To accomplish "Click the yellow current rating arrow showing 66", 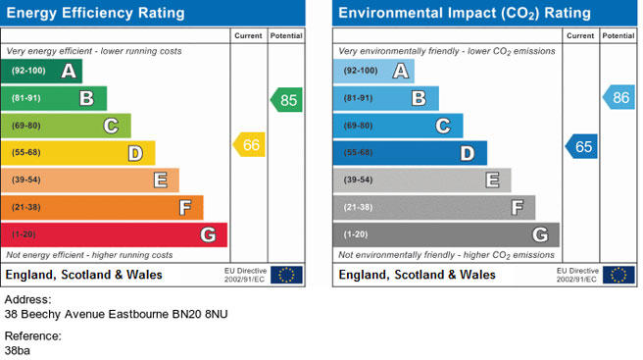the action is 249,144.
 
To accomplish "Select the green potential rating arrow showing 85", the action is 286,100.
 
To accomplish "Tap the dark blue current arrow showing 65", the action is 581,146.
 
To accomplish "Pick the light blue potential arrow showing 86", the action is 618,97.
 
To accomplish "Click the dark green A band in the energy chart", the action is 41,71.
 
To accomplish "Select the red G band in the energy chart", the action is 114,234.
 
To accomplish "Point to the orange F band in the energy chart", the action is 102,208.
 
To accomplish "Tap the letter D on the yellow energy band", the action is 135,154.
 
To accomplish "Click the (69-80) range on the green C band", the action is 26,126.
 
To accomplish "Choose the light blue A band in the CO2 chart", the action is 373,71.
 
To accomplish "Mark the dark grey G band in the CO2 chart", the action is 446,234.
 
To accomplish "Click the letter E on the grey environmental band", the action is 492,180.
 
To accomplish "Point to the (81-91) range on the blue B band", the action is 358,98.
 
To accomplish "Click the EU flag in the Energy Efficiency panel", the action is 286,275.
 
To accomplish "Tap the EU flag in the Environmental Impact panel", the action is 618,275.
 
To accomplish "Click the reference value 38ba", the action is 18,351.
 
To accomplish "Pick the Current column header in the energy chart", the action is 248,36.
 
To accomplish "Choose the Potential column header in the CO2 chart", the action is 618,36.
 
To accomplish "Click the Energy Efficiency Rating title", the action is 95,13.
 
